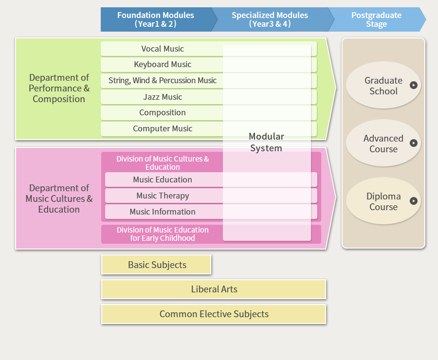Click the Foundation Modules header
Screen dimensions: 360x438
pos(156,19)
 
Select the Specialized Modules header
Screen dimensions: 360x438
pos(270,19)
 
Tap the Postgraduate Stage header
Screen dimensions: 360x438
pos(376,19)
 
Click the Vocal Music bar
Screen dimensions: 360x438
pos(163,49)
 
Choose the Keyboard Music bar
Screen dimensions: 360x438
pos(163,65)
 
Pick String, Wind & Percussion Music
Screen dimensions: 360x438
pos(163,81)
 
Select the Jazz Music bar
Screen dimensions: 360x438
pos(163,97)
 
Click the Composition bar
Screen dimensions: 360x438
pos(163,113)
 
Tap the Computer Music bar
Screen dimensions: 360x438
pos(163,129)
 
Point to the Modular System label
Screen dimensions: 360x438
pos(266,142)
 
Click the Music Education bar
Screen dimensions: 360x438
pos(163,180)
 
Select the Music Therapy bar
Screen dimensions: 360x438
pos(163,196)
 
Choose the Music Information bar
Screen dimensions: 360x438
pos(163,212)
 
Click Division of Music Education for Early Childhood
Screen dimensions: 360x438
pos(163,234)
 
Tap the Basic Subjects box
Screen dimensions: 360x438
pos(156,265)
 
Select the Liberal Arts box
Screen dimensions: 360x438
pos(214,289)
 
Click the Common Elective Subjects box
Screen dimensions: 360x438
pos(214,314)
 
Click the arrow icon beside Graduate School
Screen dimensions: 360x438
pos(414,85)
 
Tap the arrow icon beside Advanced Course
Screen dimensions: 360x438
pos(414,143)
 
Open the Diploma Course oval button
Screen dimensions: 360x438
pos(383,201)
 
